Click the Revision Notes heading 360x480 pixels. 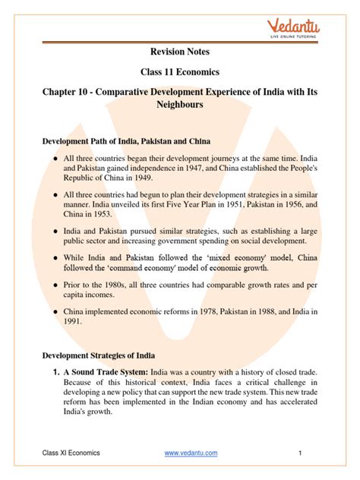179,52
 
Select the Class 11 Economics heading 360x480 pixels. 179,74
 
